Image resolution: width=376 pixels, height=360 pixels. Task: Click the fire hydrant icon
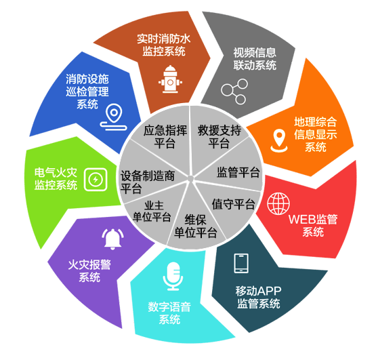point(170,79)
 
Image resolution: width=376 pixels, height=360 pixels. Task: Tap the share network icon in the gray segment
point(234,92)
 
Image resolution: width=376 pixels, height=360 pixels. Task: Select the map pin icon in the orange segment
point(279,141)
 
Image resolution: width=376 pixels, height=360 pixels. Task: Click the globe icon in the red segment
point(278,203)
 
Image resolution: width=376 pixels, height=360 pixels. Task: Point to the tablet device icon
point(241,263)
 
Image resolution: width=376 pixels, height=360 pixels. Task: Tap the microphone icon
point(173,276)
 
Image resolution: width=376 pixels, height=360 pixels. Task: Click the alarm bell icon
point(112,239)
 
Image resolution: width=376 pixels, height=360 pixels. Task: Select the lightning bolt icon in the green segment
point(96,180)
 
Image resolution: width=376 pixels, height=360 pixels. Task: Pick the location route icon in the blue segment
point(114,117)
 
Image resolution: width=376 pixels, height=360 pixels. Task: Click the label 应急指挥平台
point(165,136)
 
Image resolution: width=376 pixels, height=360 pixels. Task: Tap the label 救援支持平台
point(220,137)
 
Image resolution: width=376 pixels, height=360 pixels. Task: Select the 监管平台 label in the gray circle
point(238,172)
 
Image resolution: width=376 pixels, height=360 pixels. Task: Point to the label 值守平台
point(233,204)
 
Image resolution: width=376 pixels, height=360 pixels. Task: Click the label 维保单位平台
point(196,226)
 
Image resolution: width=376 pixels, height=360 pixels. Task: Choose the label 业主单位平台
point(152,212)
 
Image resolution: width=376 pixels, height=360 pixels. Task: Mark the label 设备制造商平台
point(148,182)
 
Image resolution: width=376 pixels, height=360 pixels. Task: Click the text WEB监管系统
point(313,225)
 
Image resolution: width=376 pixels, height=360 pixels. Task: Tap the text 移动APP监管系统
point(258,297)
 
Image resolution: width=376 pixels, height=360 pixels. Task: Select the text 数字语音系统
point(169,313)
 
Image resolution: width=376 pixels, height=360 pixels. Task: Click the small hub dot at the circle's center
point(190,178)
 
